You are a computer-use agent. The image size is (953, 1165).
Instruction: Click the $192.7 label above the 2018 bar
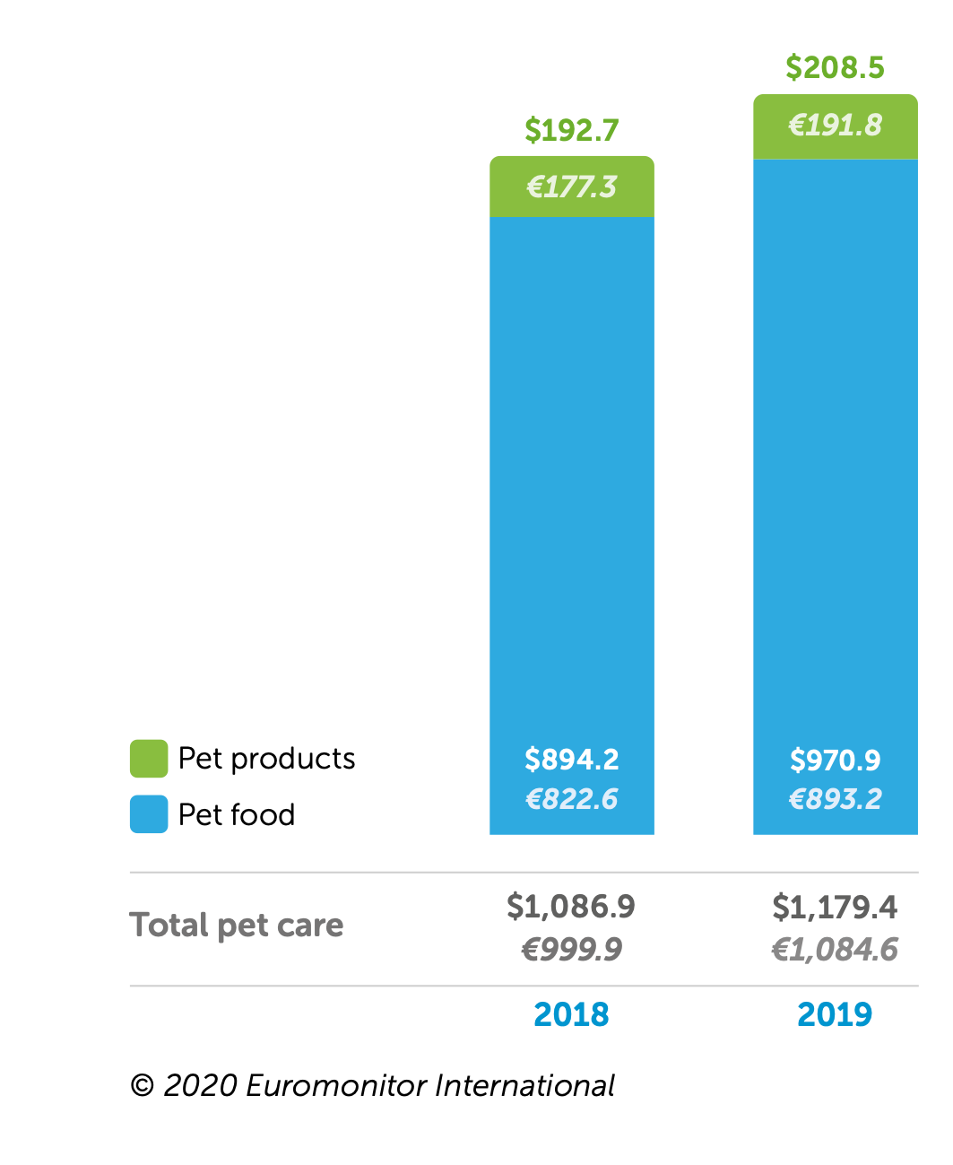pyautogui.click(x=572, y=131)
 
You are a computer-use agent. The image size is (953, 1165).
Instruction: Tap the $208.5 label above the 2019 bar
pyautogui.click(x=835, y=68)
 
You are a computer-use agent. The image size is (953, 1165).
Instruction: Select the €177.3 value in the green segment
pyautogui.click(x=572, y=187)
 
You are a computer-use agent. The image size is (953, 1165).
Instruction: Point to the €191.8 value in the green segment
pyautogui.click(x=835, y=125)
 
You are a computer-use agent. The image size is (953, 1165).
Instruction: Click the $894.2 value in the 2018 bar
pyautogui.click(x=572, y=760)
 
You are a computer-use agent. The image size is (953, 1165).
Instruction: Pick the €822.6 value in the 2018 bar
pyautogui.click(x=572, y=799)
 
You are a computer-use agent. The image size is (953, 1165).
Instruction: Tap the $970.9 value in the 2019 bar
pyautogui.click(x=835, y=761)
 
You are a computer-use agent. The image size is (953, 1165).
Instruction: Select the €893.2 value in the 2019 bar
pyautogui.click(x=835, y=799)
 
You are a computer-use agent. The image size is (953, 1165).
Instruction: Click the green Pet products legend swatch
pyautogui.click(x=149, y=759)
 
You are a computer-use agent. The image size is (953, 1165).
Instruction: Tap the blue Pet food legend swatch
pyautogui.click(x=149, y=814)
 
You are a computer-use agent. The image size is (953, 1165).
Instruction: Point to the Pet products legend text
pyautogui.click(x=266, y=759)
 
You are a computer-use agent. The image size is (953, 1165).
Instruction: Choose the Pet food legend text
pyautogui.click(x=237, y=814)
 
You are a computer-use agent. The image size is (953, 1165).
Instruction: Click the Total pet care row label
pyautogui.click(x=237, y=925)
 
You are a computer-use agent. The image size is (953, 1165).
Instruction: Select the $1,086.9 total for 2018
pyautogui.click(x=571, y=907)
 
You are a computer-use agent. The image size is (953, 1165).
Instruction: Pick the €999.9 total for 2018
pyautogui.click(x=572, y=949)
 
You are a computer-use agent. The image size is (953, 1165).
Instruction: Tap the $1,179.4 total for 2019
pyautogui.click(x=835, y=908)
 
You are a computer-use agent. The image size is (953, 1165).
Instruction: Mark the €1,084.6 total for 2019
pyautogui.click(x=835, y=949)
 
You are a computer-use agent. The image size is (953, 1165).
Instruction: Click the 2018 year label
pyautogui.click(x=571, y=1014)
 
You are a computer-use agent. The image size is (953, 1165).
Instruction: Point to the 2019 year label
pyautogui.click(x=835, y=1014)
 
